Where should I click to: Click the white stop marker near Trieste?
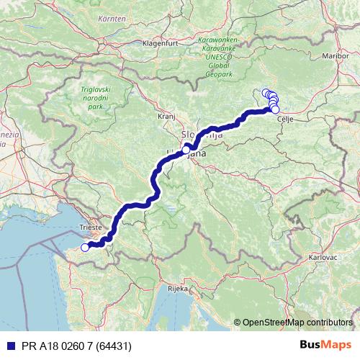coord(84,248)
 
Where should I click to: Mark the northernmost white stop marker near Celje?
coord(266,92)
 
